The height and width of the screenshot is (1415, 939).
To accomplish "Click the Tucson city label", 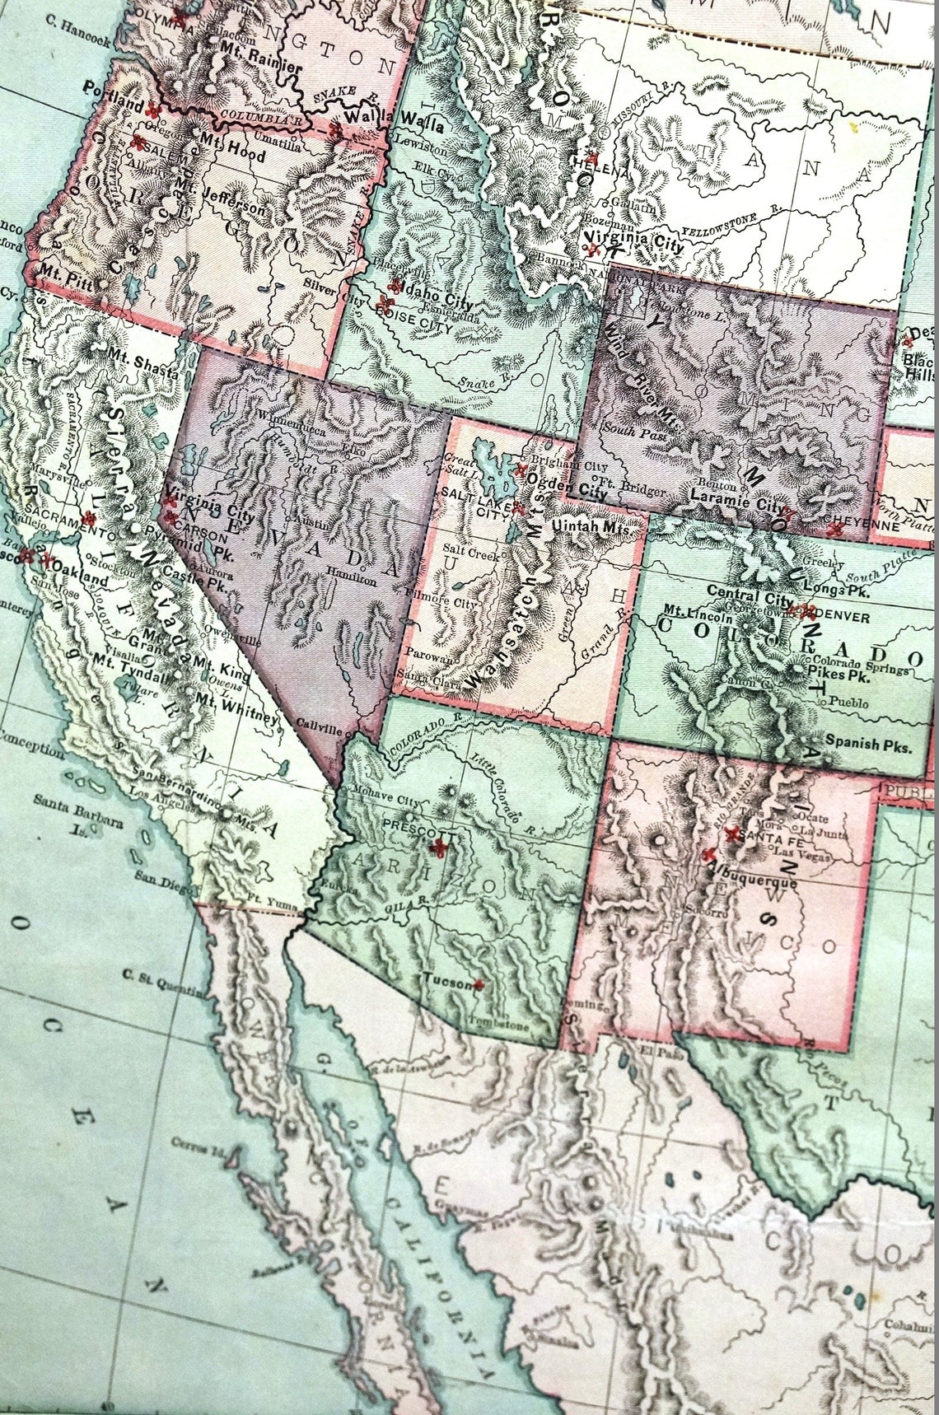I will (x=446, y=980).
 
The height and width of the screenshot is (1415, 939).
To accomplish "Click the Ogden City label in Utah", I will (x=566, y=480).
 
